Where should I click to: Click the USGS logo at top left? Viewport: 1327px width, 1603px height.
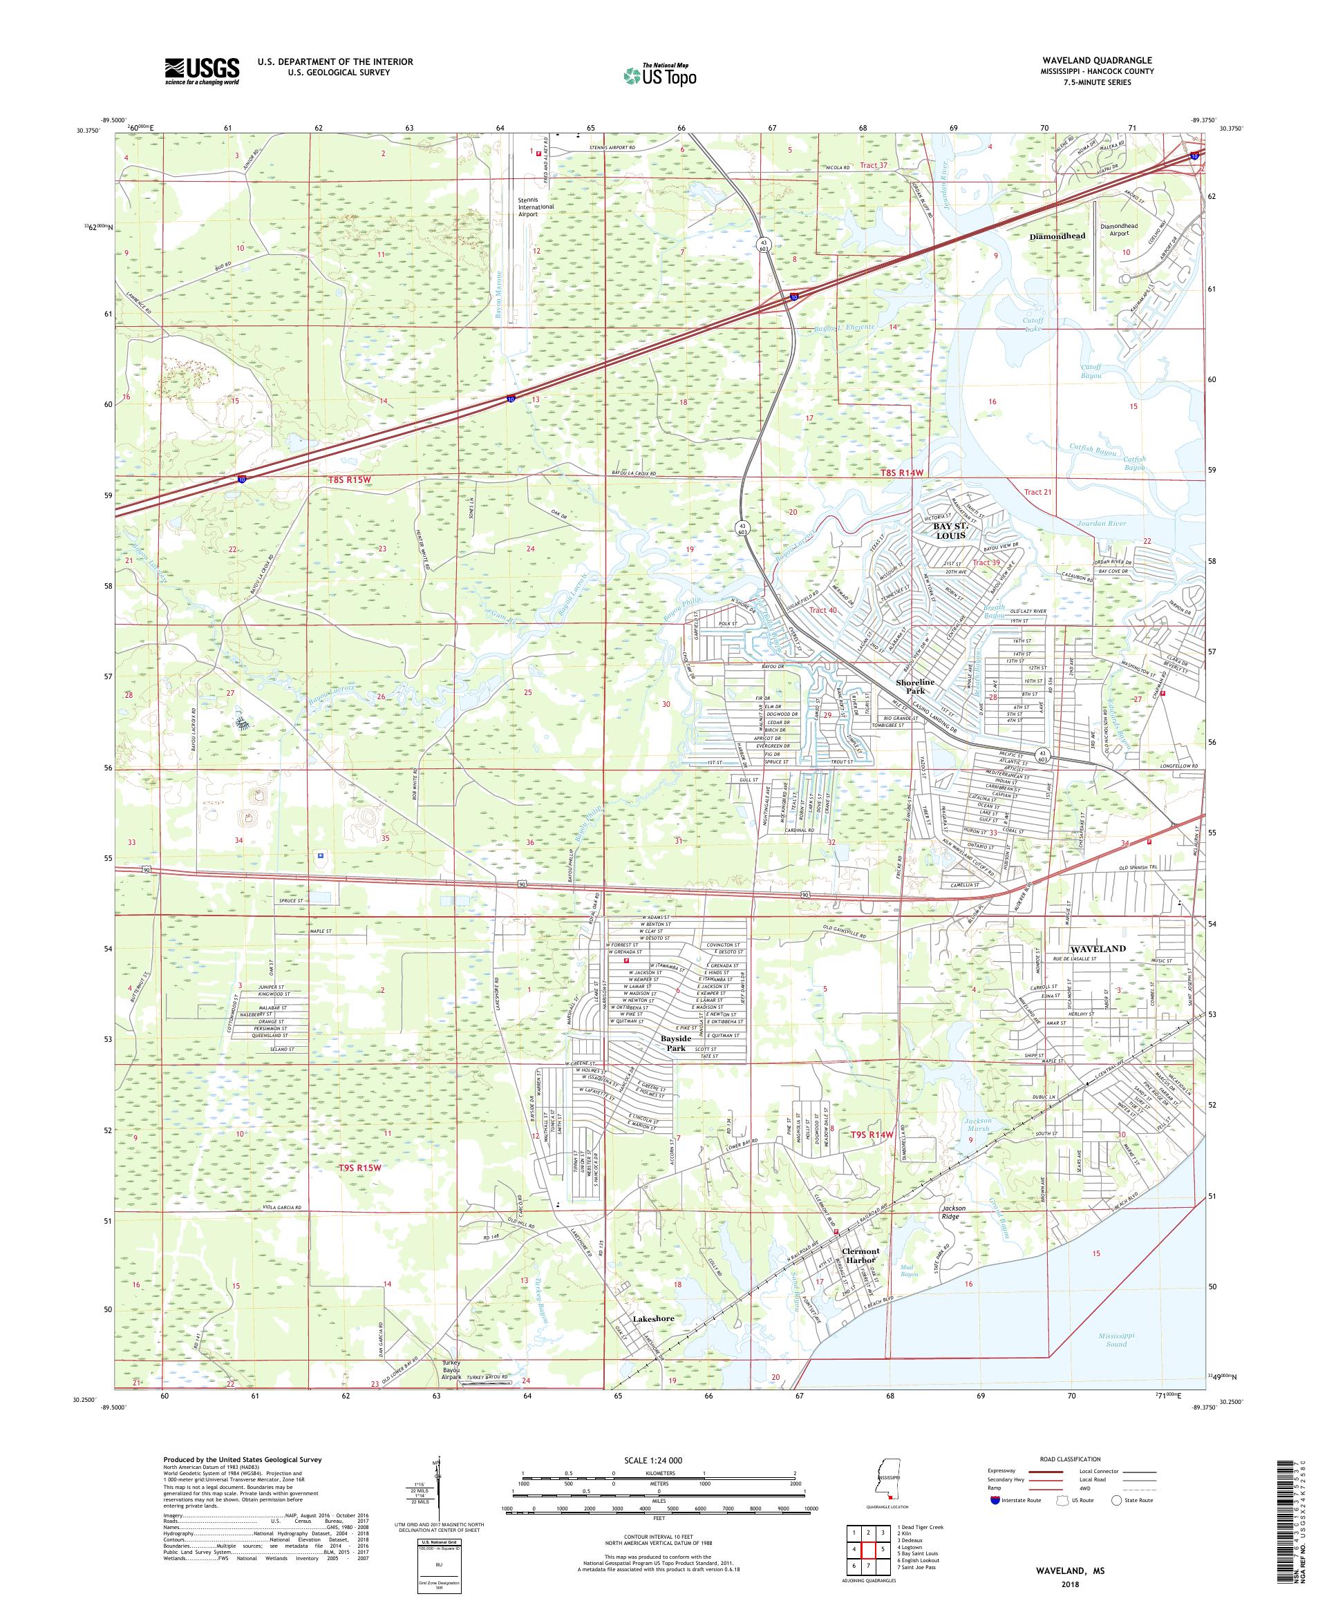point(203,71)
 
